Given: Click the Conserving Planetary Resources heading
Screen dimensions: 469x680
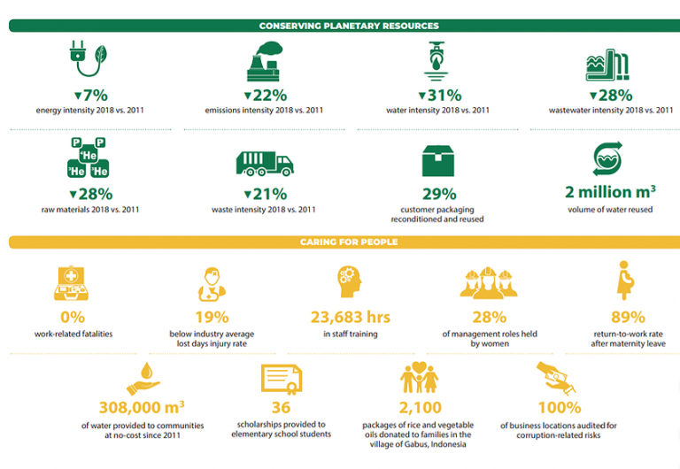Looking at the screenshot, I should click(348, 26).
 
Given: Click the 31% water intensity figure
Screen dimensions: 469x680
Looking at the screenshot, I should click(439, 96).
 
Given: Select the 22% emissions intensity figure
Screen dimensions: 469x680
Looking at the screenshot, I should click(265, 96).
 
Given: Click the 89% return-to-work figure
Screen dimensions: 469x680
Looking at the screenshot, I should click(629, 318).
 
